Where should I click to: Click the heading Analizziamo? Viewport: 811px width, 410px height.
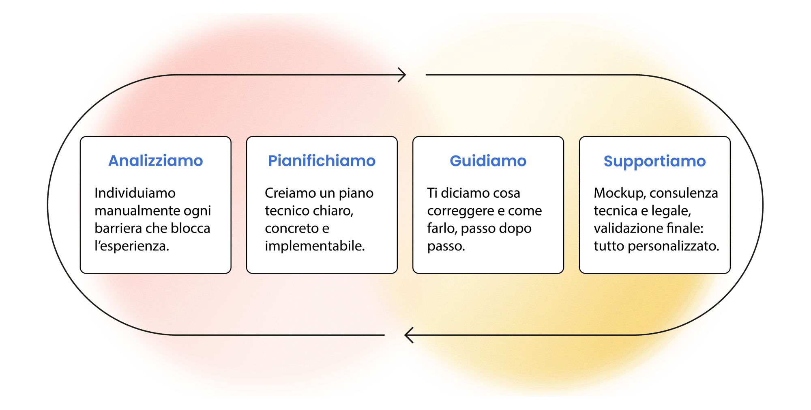click(156, 161)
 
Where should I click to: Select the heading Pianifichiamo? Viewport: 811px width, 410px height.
click(322, 161)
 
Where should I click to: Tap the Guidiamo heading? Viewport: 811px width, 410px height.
click(488, 161)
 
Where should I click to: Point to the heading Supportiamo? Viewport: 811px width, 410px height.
click(654, 161)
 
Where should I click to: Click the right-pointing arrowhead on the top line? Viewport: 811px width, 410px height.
click(402, 75)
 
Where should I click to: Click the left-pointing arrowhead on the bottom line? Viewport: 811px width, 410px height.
click(409, 335)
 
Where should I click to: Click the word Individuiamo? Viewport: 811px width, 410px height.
click(135, 193)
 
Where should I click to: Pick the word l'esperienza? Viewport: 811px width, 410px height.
click(132, 246)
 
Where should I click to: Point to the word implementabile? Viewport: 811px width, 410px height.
click(315, 246)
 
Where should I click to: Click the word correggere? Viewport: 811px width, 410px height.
click(460, 211)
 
